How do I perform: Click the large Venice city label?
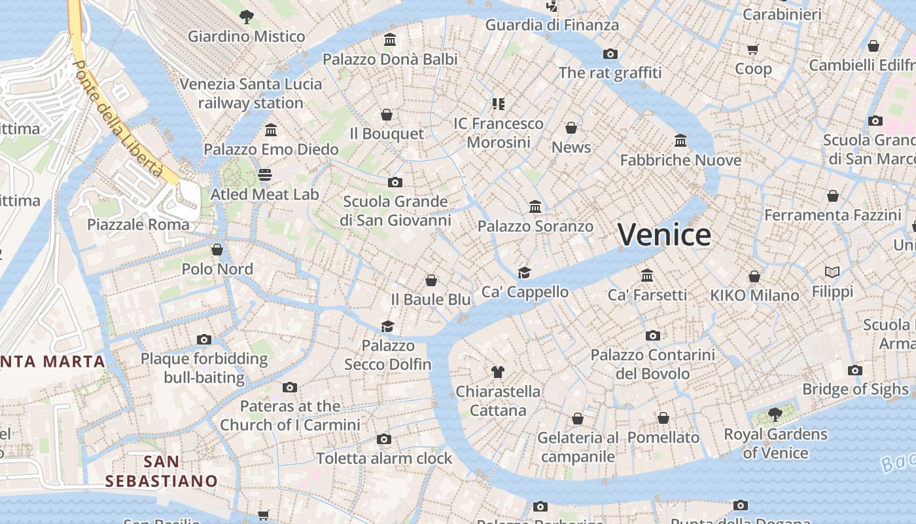coord(664,234)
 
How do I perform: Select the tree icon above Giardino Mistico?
coord(246,17)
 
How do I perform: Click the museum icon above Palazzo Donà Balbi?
coord(390,40)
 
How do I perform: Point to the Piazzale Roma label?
coord(138,224)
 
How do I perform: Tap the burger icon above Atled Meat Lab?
coord(264,175)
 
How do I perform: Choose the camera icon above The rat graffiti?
coord(610,54)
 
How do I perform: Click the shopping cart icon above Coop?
coord(753,49)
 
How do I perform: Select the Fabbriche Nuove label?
coord(680,160)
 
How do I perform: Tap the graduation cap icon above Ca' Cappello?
coord(524,272)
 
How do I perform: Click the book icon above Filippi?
coord(832,272)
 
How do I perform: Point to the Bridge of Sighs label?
coord(855,389)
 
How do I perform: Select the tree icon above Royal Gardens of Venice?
coord(775,415)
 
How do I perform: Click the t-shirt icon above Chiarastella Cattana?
coord(498,372)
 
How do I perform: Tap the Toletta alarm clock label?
coord(384,458)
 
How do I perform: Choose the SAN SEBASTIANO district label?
coord(161,471)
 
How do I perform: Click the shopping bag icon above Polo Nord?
coord(217,250)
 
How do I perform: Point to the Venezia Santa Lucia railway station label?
coord(251,93)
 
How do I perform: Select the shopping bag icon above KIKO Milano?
coord(754,276)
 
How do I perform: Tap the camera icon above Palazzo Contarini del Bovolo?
coord(652,336)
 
